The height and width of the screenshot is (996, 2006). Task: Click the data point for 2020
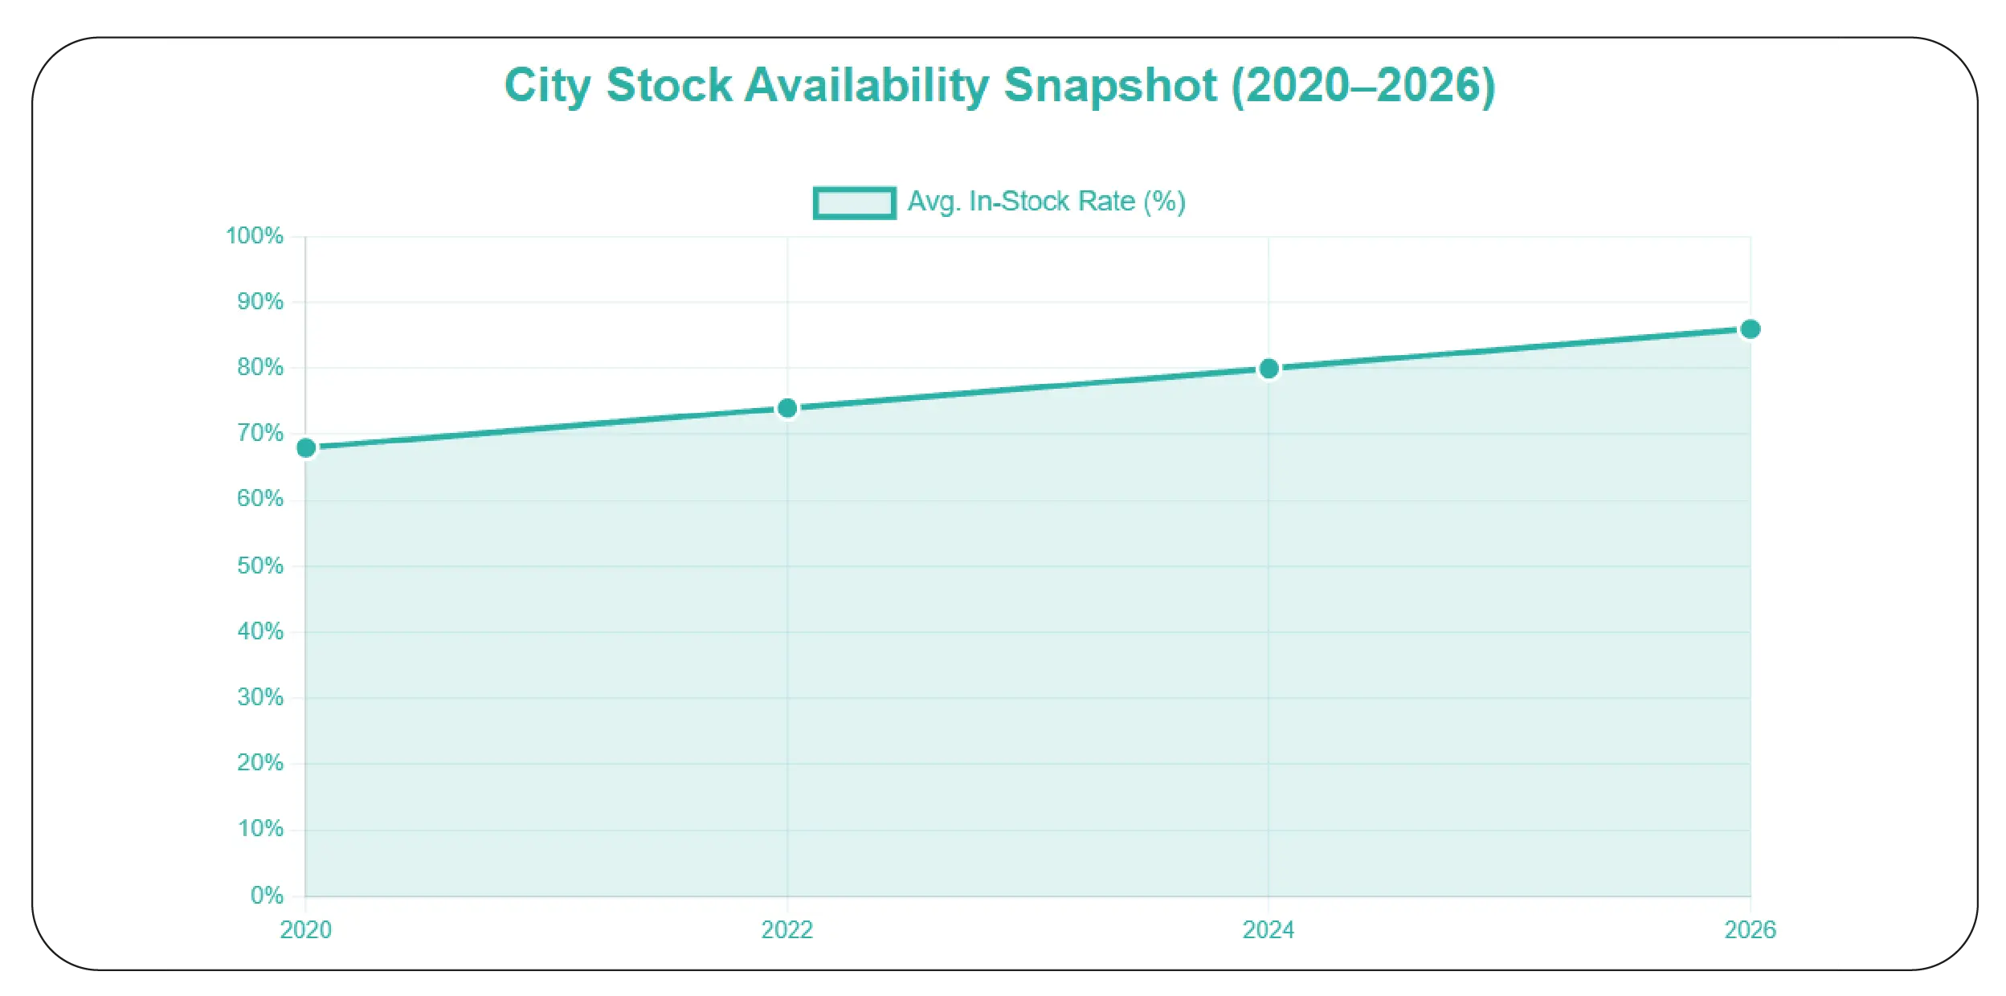click(x=306, y=448)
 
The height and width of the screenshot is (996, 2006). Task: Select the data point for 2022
click(x=787, y=409)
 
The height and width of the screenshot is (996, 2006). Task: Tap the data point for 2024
click(x=1269, y=369)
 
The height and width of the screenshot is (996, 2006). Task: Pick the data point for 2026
click(x=1750, y=330)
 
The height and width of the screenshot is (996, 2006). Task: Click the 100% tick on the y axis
click(x=255, y=236)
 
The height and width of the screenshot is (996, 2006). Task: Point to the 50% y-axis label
click(x=259, y=566)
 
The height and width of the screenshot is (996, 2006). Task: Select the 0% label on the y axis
click(x=267, y=896)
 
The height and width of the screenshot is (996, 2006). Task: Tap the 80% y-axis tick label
click(x=259, y=368)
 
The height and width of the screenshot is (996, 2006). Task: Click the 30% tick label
click(x=259, y=697)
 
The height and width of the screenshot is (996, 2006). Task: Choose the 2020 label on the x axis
click(x=305, y=930)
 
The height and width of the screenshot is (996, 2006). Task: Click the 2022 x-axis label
click(x=786, y=930)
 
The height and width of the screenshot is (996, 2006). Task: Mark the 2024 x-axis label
click(x=1268, y=930)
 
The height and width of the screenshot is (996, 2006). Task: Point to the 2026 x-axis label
click(x=1750, y=930)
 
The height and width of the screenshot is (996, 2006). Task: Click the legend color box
click(x=854, y=202)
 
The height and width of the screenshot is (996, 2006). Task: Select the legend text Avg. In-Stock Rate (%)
click(x=1046, y=202)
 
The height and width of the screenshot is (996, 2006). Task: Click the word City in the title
click(x=548, y=86)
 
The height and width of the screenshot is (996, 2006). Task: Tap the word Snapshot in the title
click(x=1110, y=86)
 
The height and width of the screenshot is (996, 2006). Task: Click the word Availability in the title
click(x=867, y=86)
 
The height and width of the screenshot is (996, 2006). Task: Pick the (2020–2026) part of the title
click(x=1363, y=86)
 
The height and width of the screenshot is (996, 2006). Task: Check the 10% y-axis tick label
click(x=259, y=829)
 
